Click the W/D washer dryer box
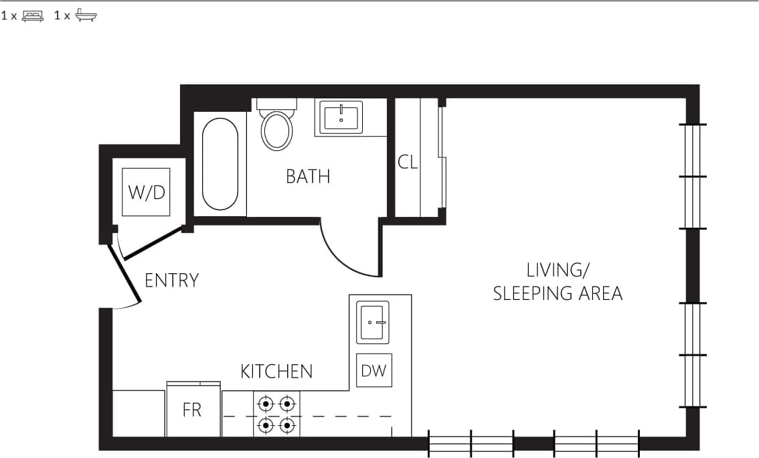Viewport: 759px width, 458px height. pos(147,192)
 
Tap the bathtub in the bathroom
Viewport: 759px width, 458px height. pos(220,164)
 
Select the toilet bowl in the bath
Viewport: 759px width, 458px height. pos(276,130)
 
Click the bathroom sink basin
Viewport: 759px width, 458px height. pos(341,117)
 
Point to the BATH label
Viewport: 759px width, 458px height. pos(308,176)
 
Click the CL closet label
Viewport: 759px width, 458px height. pos(408,162)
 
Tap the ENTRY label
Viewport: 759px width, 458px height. pos(172,280)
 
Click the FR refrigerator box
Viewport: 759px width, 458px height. pos(192,410)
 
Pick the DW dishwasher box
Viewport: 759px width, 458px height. pos(373,370)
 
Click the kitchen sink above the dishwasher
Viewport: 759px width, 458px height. pos(373,322)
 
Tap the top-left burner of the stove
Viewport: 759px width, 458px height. pos(266,404)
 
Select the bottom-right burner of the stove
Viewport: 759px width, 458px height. pos(287,425)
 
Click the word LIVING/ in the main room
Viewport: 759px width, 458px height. pos(558,271)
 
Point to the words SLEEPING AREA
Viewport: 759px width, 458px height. pos(558,293)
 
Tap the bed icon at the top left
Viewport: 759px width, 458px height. pos(33,15)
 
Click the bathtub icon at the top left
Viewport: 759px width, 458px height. pos(86,15)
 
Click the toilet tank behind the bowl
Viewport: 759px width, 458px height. pos(276,104)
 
